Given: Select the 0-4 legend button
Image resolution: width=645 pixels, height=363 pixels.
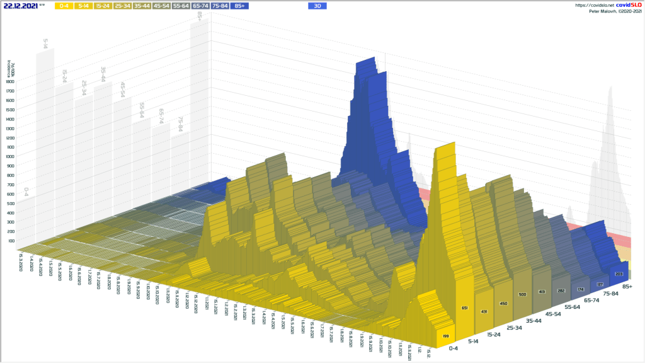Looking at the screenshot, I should click(x=64, y=6).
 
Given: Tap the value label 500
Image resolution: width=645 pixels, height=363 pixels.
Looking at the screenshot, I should click(x=522, y=294).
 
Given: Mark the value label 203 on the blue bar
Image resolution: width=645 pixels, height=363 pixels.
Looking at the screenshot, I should click(x=619, y=274).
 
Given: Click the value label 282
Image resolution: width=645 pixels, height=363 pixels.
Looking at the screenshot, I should click(x=560, y=287).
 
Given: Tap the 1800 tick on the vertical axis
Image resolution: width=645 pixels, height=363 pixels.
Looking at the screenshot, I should click(x=10, y=81).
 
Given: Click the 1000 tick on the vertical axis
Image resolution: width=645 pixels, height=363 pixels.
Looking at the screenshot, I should click(x=10, y=156).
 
